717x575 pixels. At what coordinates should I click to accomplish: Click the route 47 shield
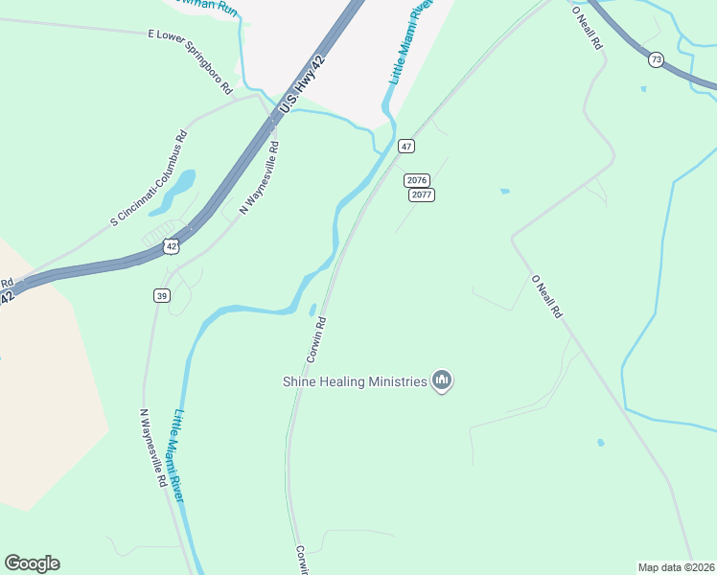click(407, 146)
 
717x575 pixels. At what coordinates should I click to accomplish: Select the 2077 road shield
click(423, 195)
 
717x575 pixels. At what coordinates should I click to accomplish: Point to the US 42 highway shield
click(171, 246)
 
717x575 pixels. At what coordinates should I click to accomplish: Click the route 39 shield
click(162, 296)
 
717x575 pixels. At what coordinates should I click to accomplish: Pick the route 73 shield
click(656, 59)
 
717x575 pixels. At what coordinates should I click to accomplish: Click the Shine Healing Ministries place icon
click(442, 381)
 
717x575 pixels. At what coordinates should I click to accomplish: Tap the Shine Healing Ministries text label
click(354, 381)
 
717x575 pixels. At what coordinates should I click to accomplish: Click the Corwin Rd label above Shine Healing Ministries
click(317, 339)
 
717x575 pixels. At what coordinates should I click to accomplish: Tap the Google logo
click(32, 563)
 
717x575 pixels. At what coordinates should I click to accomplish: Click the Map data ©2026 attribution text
click(676, 566)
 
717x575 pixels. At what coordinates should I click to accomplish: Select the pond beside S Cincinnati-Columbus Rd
click(176, 193)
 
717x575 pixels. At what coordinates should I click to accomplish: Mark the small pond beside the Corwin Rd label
click(313, 310)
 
